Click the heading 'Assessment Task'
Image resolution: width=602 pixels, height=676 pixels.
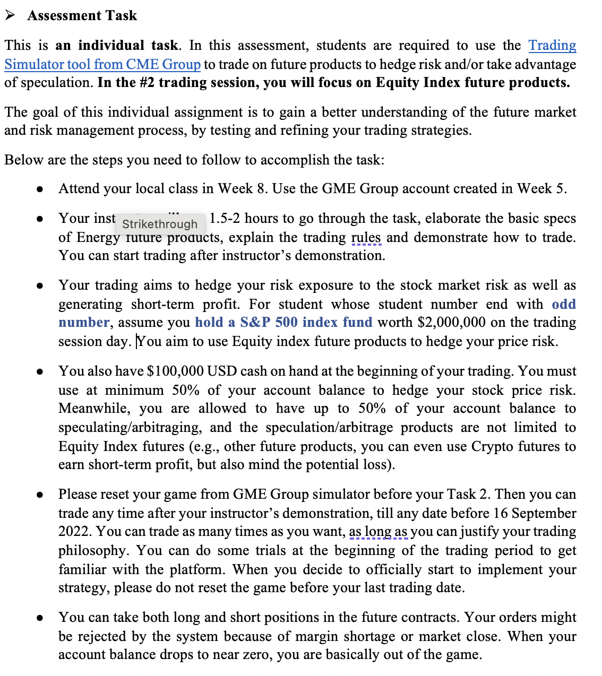[82, 16]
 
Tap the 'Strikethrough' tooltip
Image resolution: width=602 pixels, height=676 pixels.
[160, 224]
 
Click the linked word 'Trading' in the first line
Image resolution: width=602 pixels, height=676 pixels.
[552, 46]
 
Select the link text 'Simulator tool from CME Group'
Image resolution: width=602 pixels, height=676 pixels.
[102, 64]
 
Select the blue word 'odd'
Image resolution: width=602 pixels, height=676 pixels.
[563, 304]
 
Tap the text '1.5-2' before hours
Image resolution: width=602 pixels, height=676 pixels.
[225, 218]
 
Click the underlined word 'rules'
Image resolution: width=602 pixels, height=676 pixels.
[366, 237]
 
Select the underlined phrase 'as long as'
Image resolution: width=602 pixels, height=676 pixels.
[378, 532]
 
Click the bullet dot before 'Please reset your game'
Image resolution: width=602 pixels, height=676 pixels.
[40, 495]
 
